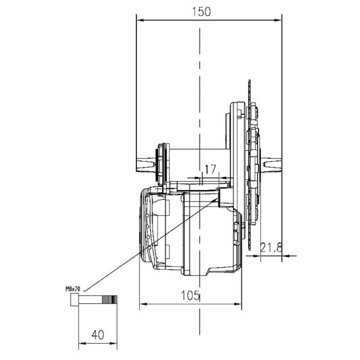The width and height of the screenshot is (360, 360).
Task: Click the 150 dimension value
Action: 201,12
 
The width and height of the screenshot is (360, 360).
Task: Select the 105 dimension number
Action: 190,295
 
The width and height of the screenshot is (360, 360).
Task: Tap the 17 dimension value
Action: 210,170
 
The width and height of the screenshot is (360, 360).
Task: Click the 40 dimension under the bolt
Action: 98,335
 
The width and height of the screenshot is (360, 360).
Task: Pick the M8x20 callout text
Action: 73,289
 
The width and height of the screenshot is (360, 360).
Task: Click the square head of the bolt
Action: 75,299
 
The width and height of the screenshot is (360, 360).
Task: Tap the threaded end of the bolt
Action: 109,299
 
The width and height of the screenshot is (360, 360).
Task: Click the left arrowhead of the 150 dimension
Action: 140,20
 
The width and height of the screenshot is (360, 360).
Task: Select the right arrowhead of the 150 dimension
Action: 278,20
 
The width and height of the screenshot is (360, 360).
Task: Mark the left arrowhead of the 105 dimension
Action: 144,304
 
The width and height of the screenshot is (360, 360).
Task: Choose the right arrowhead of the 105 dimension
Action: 238,304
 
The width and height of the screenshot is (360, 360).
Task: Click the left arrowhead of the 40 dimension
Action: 82,343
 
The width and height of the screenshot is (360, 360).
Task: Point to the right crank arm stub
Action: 272,164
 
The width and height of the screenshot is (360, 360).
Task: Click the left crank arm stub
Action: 147,164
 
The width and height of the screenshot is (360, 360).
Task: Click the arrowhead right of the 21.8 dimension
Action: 285,256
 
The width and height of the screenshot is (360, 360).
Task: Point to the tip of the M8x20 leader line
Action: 217,198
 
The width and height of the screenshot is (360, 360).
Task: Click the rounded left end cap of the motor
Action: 144,225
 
